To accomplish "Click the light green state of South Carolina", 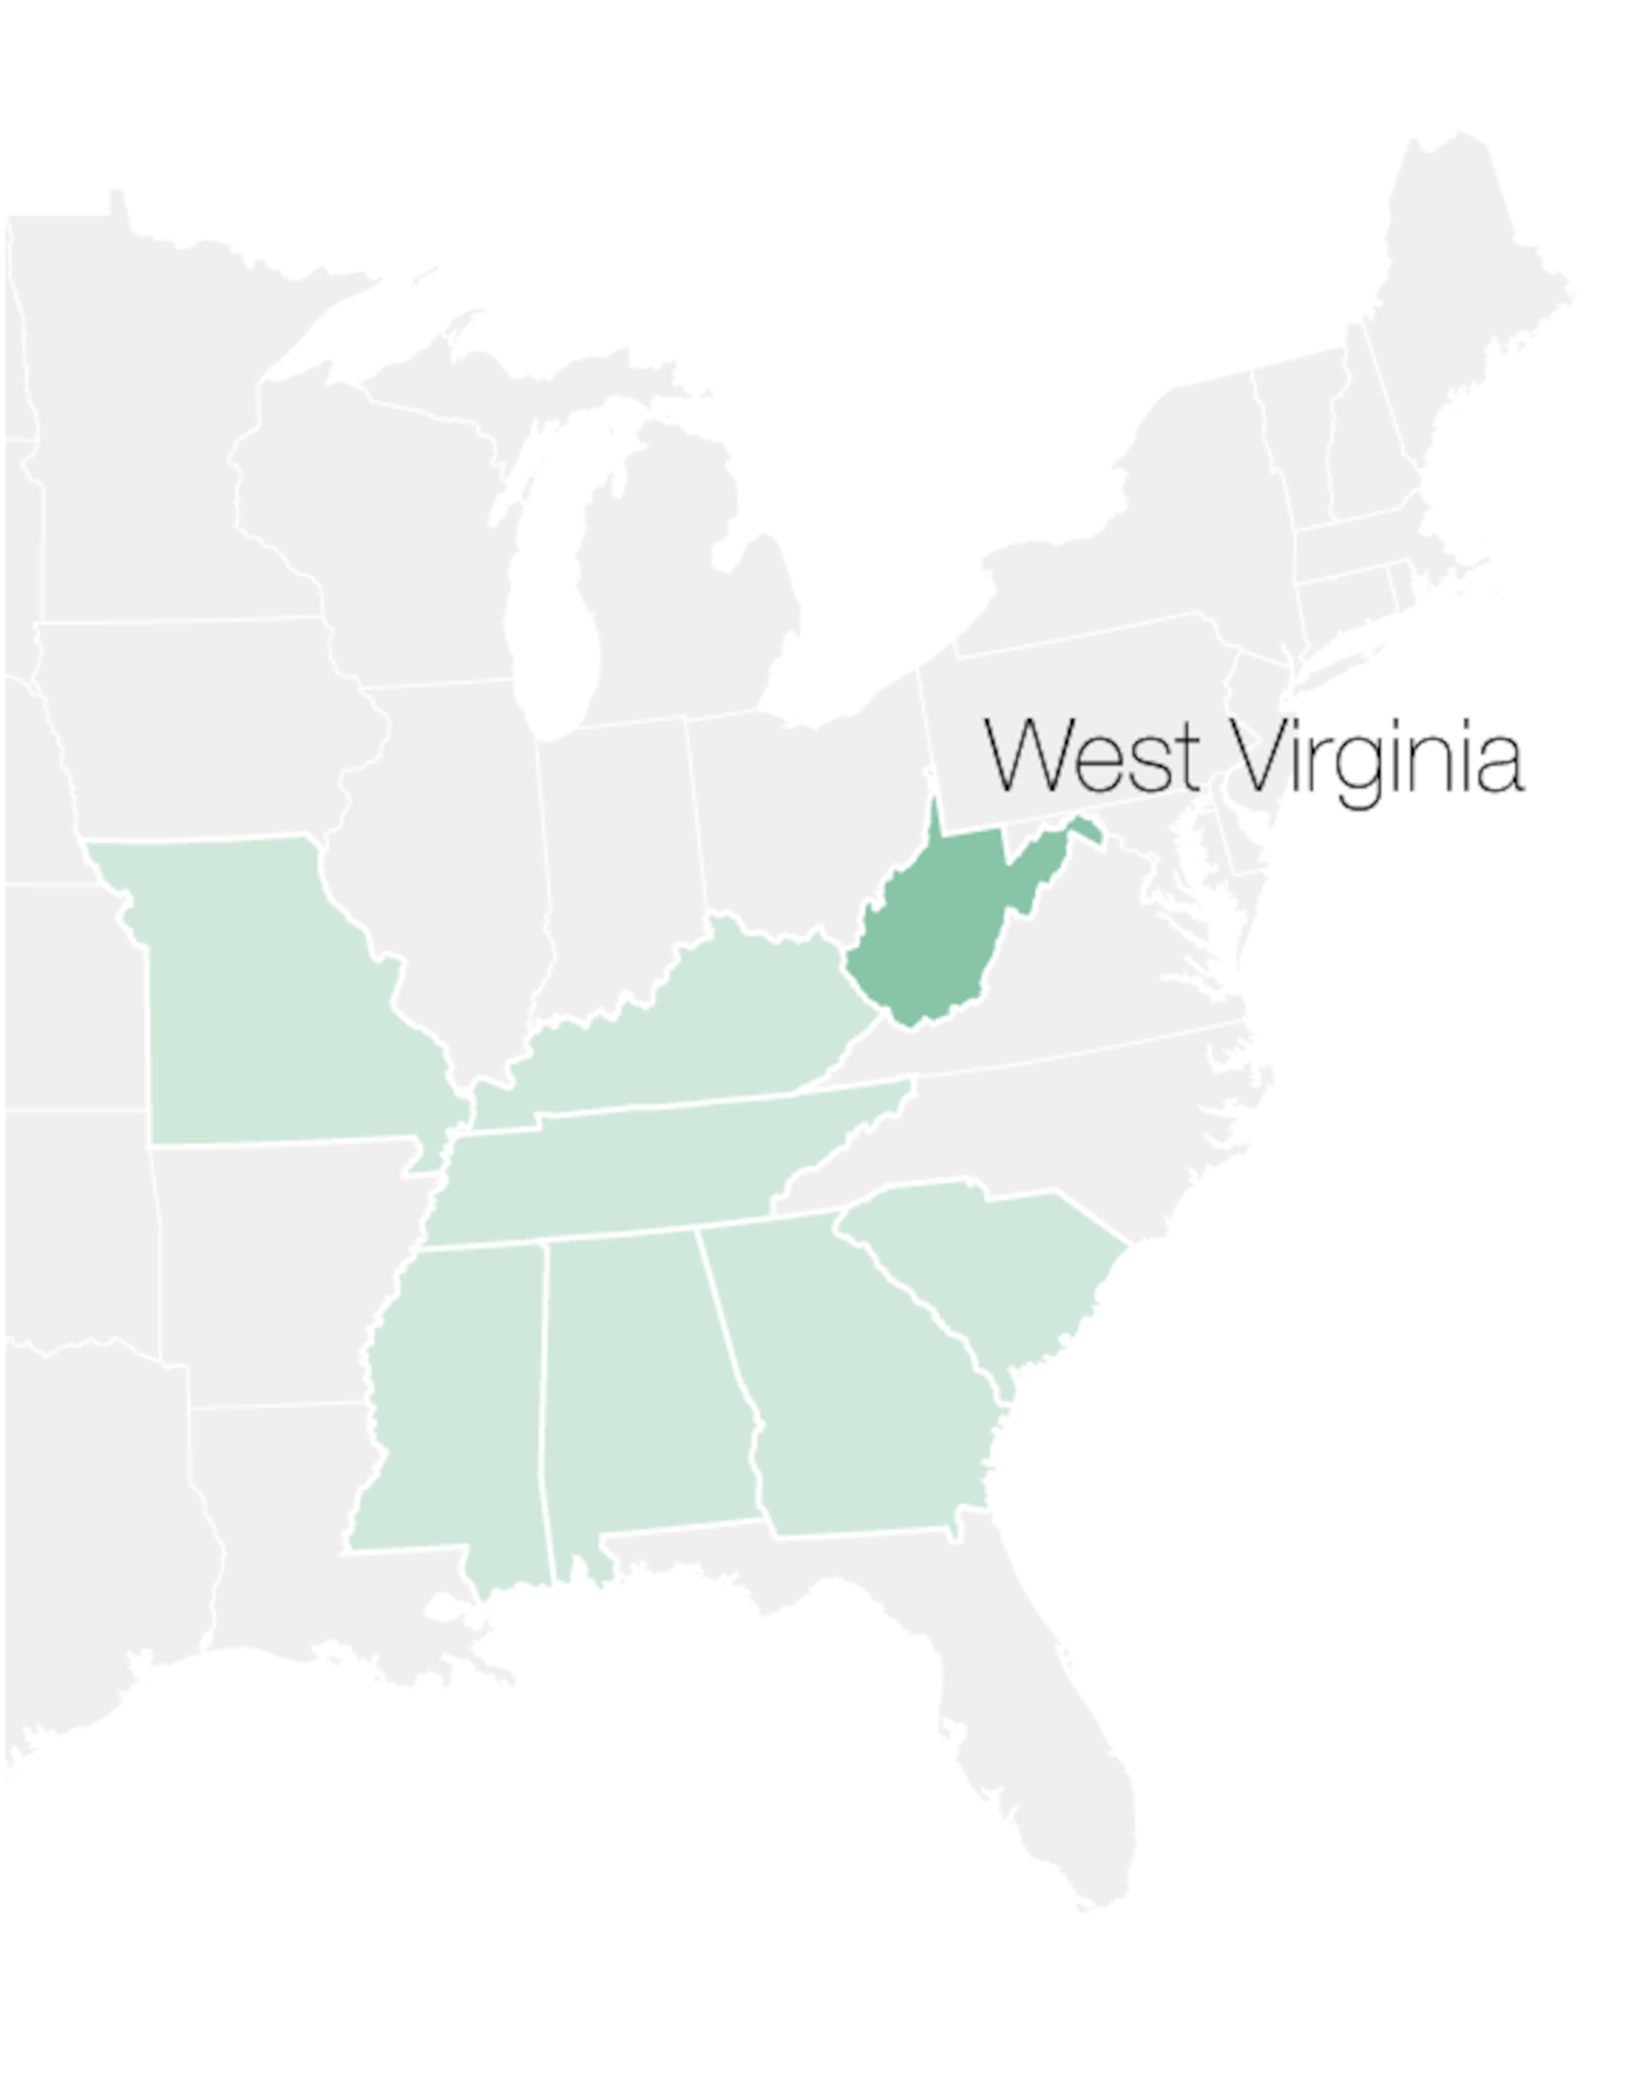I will [x=995, y=1263].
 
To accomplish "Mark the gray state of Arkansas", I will [x=277, y=1272].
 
